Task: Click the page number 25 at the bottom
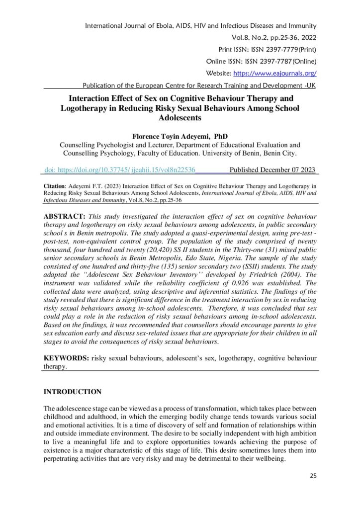pyautogui.click(x=313, y=476)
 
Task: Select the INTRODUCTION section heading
pyautogui.click(x=73, y=392)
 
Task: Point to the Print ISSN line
pyautogui.click(x=268, y=49)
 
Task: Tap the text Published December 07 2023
pyautogui.click(x=272, y=170)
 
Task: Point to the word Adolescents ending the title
pyautogui.click(x=180, y=118)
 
